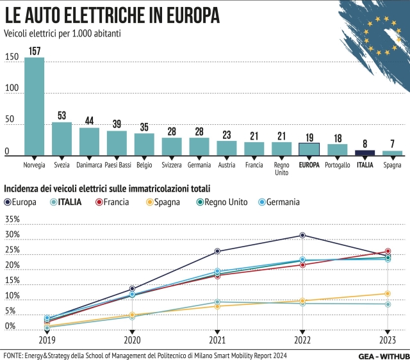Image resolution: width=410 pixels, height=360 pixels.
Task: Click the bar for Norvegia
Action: [34, 106]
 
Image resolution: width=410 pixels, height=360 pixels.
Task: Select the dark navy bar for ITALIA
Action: [365, 152]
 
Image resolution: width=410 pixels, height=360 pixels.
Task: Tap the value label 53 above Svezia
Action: [61, 116]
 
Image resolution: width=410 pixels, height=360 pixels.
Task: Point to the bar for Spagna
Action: [392, 153]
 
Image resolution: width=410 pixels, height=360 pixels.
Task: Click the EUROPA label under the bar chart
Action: [309, 165]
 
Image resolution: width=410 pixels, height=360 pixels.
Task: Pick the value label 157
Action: [34, 51]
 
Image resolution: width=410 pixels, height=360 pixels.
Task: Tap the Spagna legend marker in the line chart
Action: [149, 202]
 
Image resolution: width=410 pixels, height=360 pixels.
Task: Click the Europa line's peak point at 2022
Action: [302, 235]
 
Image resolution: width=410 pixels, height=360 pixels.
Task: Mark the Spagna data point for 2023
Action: [388, 294]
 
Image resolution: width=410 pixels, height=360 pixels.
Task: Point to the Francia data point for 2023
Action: [388, 251]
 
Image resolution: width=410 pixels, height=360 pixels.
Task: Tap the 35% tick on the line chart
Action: [12, 219]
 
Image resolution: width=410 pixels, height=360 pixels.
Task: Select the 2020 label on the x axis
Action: [132, 341]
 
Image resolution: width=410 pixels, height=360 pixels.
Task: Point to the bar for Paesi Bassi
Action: [117, 143]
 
